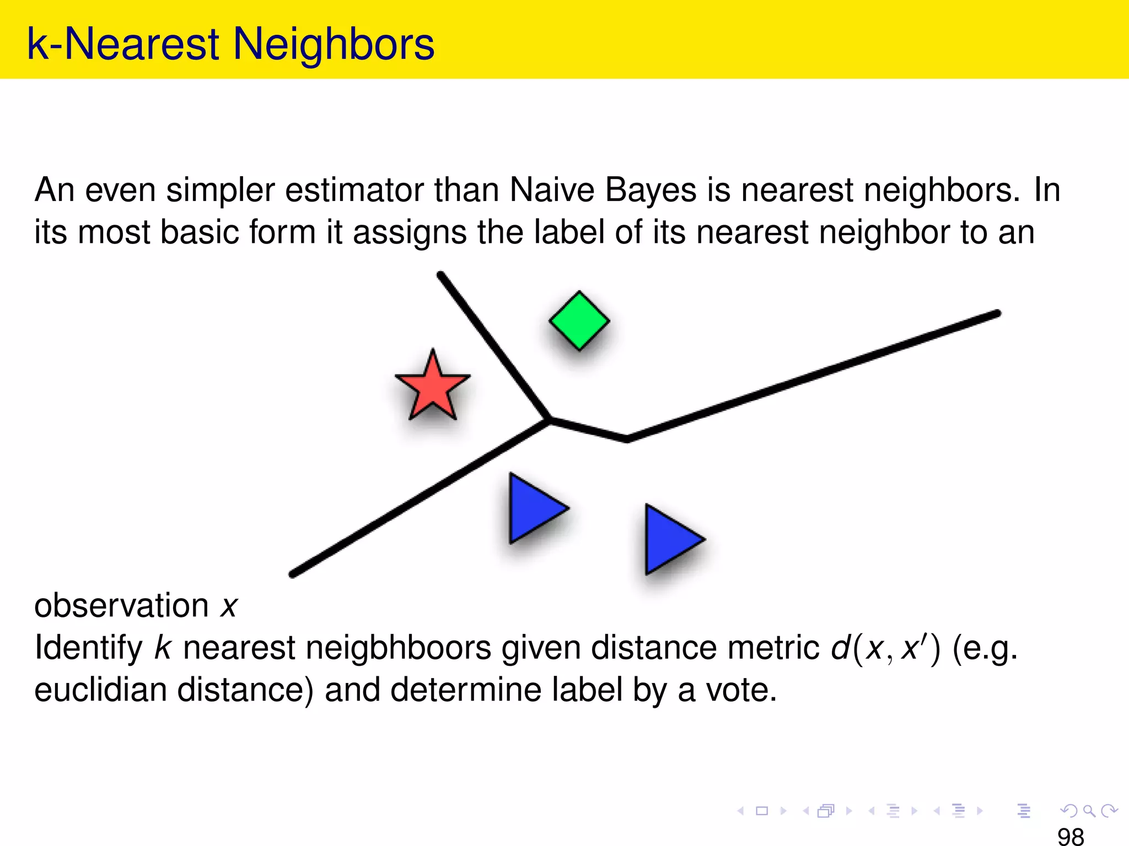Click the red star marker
click(433, 388)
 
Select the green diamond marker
click(579, 321)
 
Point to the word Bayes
click(651, 191)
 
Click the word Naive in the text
click(552, 191)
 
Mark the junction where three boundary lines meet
click(549, 420)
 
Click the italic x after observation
click(229, 606)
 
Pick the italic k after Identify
click(163, 648)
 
